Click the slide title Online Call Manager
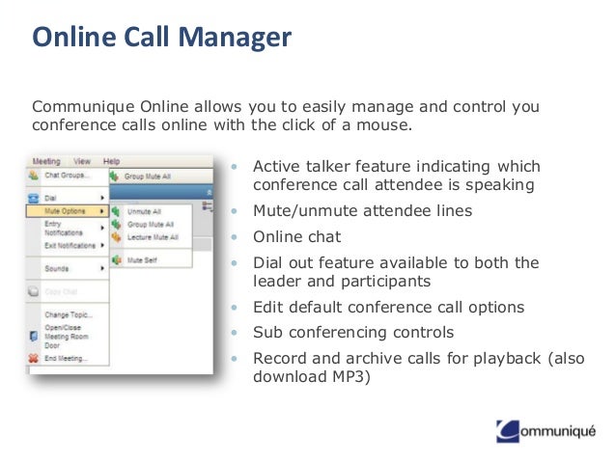point(161,39)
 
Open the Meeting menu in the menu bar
point(45,161)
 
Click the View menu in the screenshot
point(82,161)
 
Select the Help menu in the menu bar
point(111,161)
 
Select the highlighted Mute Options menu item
point(66,209)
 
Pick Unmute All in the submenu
point(144,210)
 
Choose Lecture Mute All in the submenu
point(152,236)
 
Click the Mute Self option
point(142,260)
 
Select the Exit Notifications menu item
point(70,246)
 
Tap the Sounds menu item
point(57,269)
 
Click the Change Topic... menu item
point(67,314)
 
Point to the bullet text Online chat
point(296,236)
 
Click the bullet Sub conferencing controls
point(353,333)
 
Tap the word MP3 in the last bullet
point(351,376)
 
